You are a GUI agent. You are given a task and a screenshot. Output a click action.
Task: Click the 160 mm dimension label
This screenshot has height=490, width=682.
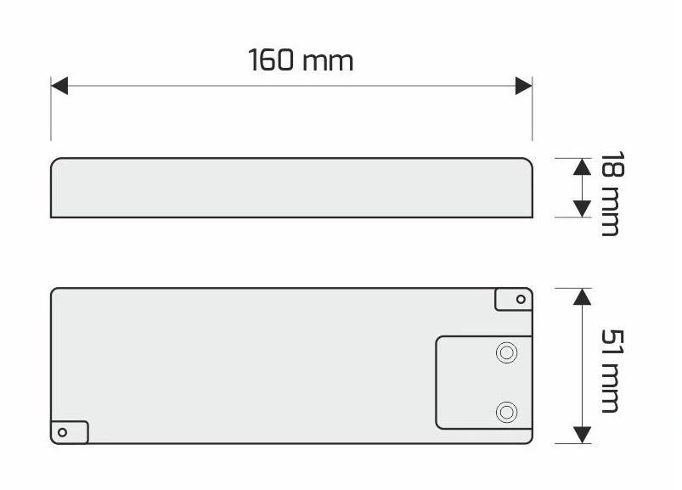(301, 60)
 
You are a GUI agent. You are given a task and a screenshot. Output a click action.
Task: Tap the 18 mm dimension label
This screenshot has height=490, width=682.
(612, 194)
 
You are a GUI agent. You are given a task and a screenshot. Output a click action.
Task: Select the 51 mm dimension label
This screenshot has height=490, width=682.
(612, 371)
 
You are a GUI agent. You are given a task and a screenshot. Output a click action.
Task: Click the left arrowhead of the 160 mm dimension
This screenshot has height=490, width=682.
(59, 86)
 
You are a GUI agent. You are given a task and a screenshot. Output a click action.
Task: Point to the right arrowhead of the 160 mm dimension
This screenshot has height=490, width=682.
(524, 86)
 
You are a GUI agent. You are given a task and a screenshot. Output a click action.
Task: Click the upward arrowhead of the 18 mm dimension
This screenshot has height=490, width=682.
(582, 167)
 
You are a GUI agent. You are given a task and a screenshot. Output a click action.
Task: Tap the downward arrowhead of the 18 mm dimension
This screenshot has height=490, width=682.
(582, 209)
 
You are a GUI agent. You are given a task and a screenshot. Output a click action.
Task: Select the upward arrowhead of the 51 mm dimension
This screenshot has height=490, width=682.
(582, 296)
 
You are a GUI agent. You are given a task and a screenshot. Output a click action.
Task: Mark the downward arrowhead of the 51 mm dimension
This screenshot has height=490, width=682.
(582, 435)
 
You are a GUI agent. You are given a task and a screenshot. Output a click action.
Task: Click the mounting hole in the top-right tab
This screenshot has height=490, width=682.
(521, 299)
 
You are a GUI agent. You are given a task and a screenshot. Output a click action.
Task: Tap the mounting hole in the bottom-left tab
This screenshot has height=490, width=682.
(62, 432)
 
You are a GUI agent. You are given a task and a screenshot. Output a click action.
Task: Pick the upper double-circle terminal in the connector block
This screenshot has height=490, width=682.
(507, 352)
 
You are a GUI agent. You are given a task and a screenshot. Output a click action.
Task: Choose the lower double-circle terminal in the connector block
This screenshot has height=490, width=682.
(507, 412)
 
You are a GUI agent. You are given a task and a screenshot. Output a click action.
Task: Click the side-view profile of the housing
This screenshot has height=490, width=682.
(291, 188)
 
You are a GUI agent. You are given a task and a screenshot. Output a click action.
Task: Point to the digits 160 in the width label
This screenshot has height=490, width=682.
(271, 60)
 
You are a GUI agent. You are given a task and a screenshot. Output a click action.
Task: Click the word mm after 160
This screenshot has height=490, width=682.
(328, 63)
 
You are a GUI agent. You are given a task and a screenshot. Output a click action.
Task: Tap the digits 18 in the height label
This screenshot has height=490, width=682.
(612, 164)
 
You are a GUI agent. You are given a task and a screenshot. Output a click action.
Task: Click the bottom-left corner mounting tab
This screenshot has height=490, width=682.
(70, 432)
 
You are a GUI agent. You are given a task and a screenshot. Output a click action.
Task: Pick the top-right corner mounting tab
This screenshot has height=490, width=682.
(514, 299)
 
